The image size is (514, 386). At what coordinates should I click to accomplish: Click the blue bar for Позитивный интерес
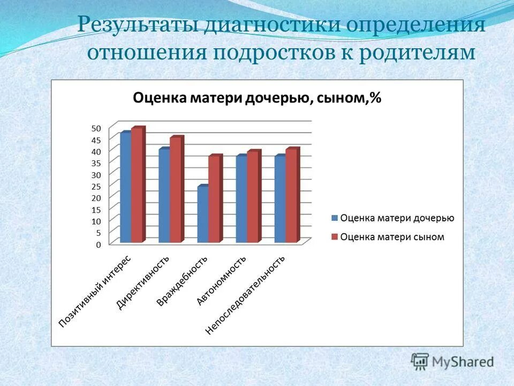point(126,188)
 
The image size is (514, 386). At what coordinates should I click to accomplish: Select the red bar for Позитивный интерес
point(138,185)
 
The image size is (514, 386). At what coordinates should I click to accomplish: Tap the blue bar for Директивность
point(164,196)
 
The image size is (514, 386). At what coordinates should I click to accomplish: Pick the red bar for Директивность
point(176,190)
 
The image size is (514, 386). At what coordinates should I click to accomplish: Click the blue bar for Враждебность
point(203,214)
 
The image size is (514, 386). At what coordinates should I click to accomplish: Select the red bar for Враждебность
point(215,199)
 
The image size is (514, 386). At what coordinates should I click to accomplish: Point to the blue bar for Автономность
point(241,199)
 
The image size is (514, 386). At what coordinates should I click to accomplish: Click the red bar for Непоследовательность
point(292,196)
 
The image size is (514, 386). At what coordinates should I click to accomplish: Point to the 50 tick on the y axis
point(96,128)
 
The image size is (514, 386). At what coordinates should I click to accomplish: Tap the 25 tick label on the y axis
point(96,187)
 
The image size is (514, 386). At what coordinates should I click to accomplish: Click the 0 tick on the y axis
point(98,244)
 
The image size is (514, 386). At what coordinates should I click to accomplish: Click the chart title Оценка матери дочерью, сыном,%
point(256,98)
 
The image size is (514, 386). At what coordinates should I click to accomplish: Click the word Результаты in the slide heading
point(137,26)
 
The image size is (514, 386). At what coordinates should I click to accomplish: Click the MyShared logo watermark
point(452,361)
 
